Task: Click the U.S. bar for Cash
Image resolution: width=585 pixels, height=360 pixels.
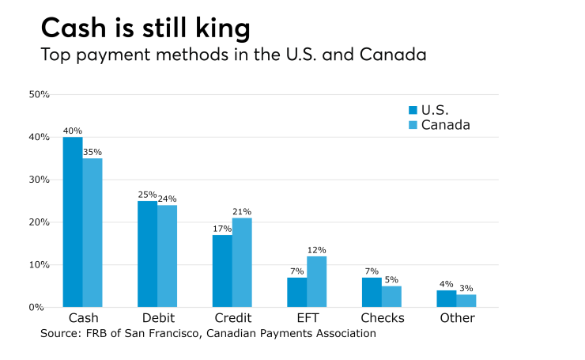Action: coord(73,222)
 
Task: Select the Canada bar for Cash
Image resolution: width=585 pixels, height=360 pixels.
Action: coord(92,233)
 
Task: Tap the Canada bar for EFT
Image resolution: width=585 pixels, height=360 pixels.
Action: coord(316,282)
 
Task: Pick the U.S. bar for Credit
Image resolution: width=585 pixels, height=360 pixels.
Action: coord(222,271)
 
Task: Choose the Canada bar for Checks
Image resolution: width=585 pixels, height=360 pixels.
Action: coord(391,297)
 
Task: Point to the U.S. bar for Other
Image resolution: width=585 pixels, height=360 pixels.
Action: coord(446,299)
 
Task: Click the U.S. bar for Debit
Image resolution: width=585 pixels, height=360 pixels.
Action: coord(147,254)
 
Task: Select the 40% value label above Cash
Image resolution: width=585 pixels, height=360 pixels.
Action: coord(73,131)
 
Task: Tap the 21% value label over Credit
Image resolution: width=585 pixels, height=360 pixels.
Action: coord(242,212)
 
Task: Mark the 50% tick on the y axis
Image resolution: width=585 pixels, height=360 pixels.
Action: coord(40,95)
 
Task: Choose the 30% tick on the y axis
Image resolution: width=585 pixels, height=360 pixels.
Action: coord(40,180)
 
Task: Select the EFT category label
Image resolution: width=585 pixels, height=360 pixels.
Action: coord(307,318)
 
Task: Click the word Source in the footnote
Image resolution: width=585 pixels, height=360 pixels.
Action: coord(61,334)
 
